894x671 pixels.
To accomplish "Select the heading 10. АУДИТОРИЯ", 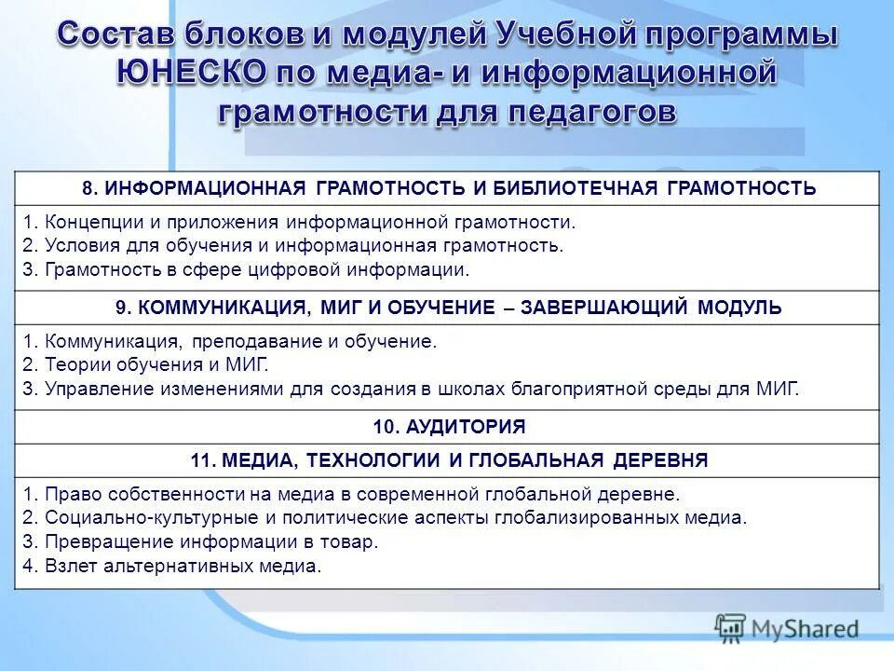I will pyautogui.click(x=449, y=428).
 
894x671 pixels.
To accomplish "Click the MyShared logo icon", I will pyautogui.click(x=731, y=628).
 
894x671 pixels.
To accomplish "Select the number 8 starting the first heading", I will pyautogui.click(x=87, y=188).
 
